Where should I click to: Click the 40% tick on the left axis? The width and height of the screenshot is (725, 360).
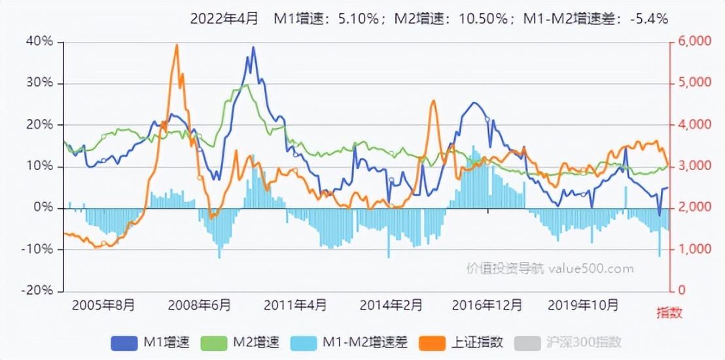40,42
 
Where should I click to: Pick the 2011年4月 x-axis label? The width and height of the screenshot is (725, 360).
294,306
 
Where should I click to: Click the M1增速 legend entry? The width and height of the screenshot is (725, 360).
150,343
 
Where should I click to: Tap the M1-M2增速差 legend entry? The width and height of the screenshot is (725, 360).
349,343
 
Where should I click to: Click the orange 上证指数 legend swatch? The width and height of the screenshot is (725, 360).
432,343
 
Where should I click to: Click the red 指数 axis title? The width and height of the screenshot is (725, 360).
669,314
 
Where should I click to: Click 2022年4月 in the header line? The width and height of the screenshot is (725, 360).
224,18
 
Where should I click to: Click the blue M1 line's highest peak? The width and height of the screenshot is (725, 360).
253,46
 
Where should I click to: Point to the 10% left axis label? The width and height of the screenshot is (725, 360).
40,166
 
